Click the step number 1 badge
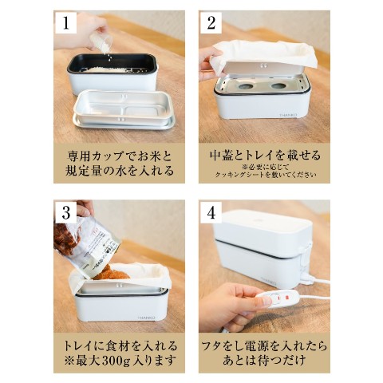pyautogui.click(x=66, y=22)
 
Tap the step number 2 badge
pyautogui.click(x=211, y=22)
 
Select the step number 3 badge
pyautogui.click(x=66, y=212)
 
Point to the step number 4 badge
pyautogui.click(x=211, y=212)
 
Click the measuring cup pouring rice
pyautogui.click(x=101, y=42)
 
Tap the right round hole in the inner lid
pyautogui.click(x=279, y=86)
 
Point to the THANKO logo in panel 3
pyautogui.click(x=147, y=318)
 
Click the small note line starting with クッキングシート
pyautogui.click(x=266, y=175)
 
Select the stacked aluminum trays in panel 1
pyautogui.click(x=124, y=110)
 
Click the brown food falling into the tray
pyautogui.click(x=111, y=272)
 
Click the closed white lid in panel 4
pyautogui.click(x=263, y=226)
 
